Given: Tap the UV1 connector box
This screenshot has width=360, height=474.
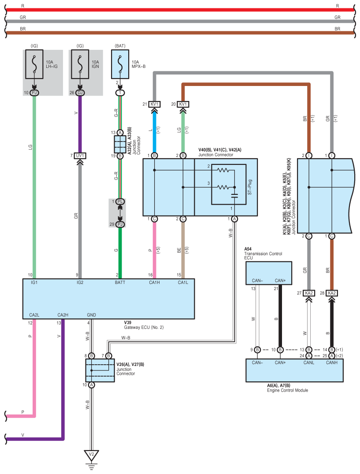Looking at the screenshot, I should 80,156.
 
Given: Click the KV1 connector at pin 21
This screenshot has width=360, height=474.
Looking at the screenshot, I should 155,105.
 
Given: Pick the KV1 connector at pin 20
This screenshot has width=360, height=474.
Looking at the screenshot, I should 183,105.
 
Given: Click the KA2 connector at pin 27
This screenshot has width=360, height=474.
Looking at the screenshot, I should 309,293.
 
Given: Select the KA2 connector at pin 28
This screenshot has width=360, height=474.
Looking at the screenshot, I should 331,293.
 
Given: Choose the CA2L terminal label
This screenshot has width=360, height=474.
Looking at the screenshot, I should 34,315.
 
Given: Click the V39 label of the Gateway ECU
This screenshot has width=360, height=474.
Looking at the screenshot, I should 128,322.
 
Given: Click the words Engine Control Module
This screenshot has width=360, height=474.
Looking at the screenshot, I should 287,390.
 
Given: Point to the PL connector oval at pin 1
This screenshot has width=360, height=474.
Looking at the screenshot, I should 120,202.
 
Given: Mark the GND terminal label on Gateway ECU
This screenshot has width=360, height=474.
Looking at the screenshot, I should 91,315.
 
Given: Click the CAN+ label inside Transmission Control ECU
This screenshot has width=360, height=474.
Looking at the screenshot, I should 280,280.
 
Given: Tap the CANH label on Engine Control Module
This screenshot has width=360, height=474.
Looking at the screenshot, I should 331,362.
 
